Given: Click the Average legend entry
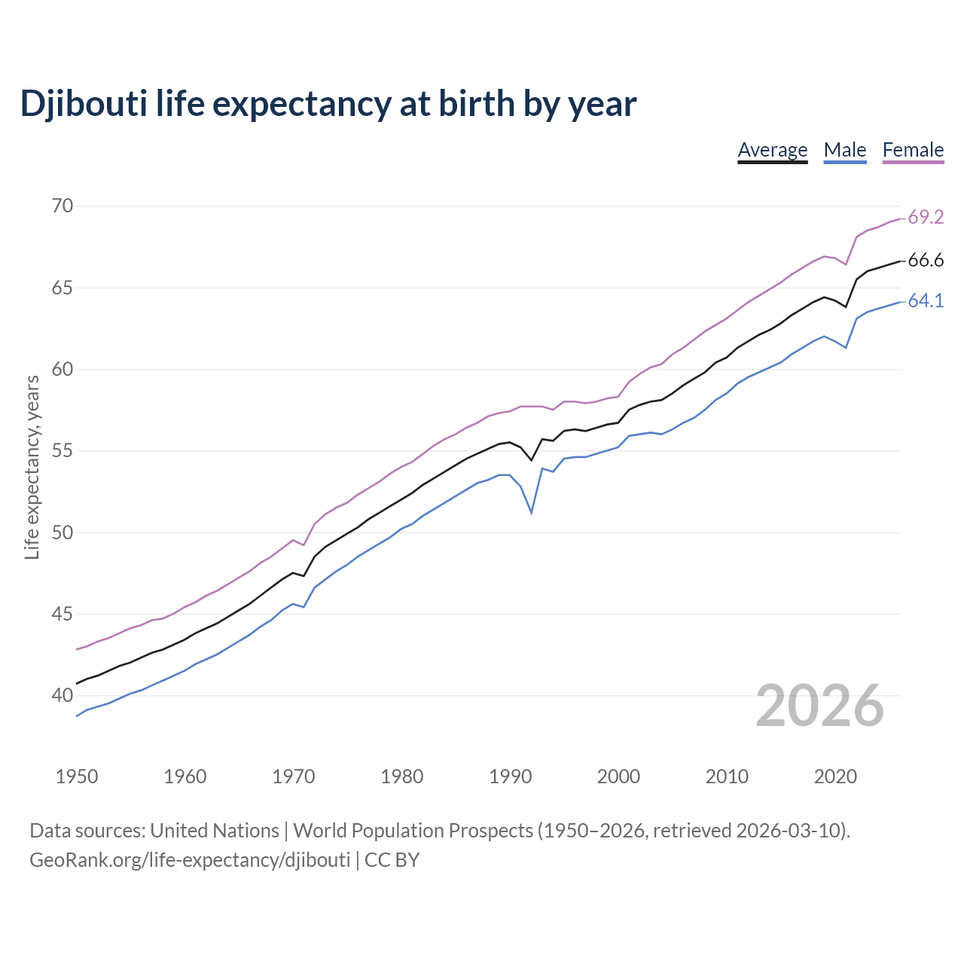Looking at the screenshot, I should point(772,150).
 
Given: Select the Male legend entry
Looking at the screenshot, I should point(844,150).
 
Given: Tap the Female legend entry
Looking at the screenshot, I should point(913,150).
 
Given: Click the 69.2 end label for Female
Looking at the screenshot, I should point(926,218).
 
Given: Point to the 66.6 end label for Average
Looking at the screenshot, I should point(926,261).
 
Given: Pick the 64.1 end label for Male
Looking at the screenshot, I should point(926,301).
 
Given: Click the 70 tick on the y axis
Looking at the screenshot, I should point(63,206).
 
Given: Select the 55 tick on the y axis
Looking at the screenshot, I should point(63,451).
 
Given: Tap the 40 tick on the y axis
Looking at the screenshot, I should point(63,696).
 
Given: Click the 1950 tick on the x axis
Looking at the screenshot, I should point(77,776).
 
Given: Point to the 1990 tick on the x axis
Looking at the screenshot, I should point(510,776).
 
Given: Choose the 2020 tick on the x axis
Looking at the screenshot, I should point(834,776).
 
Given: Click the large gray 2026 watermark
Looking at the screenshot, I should point(819,706).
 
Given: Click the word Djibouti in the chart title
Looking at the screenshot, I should point(83,104).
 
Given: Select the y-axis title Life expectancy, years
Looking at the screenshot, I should point(32,467).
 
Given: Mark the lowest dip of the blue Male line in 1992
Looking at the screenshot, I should point(532,512).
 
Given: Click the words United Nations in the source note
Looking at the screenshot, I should point(215,831).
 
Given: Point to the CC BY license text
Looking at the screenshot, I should point(392,859).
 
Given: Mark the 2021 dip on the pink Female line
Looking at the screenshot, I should point(846,264).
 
